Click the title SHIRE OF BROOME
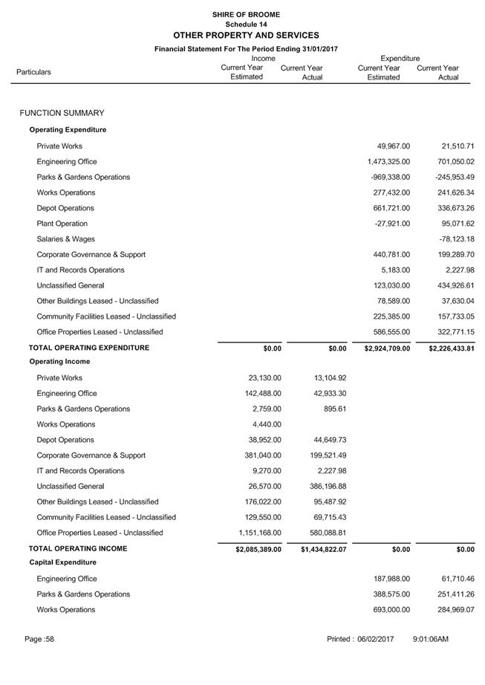(246, 14)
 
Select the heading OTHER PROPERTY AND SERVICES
(246, 35)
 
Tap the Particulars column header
(34, 72)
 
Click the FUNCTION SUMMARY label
(62, 113)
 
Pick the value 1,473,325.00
(388, 162)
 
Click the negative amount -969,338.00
(390, 178)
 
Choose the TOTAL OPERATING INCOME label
(78, 549)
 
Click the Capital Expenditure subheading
(63, 562)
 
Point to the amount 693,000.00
(391, 610)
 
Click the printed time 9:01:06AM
(431, 640)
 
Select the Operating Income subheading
(60, 362)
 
